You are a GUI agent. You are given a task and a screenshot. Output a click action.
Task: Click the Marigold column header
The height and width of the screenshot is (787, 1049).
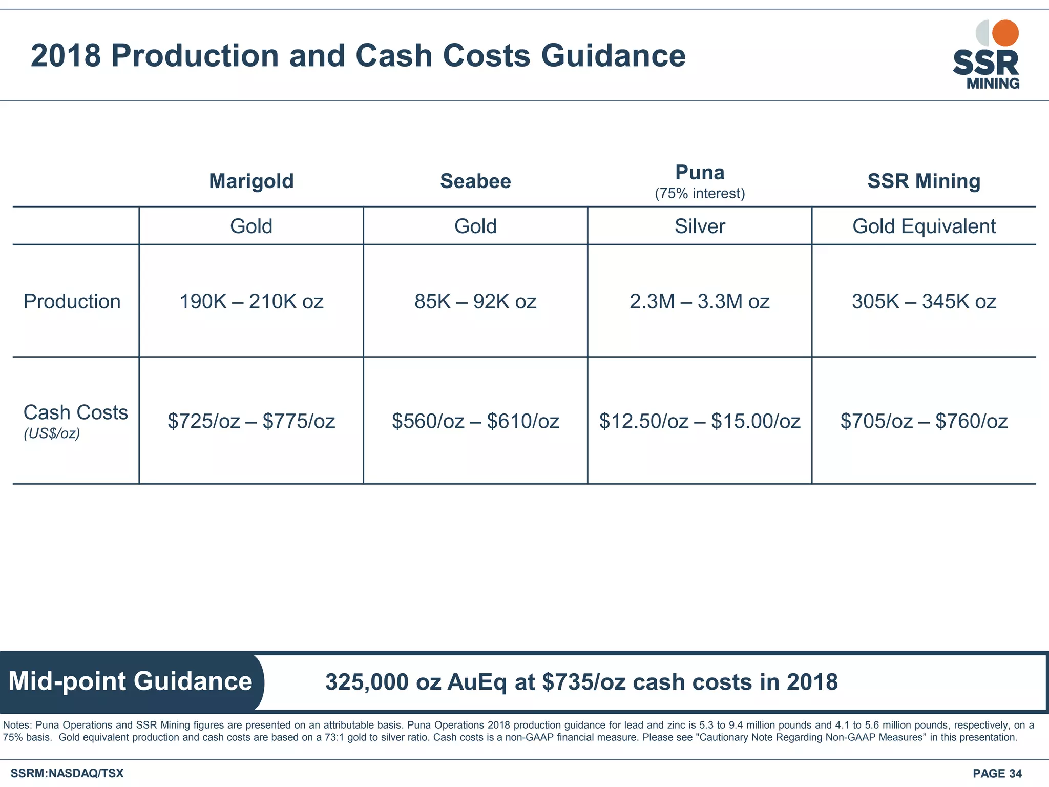(251, 181)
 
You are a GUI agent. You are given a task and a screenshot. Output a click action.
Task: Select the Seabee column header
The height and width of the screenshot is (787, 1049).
(475, 181)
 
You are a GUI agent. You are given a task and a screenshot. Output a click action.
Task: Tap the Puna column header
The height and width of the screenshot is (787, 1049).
(700, 173)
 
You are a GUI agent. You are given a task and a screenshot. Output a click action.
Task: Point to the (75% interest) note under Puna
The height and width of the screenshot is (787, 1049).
(700, 194)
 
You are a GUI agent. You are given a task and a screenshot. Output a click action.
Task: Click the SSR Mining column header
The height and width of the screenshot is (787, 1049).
(924, 181)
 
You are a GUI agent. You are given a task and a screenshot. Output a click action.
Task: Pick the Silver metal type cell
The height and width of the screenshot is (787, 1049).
(700, 226)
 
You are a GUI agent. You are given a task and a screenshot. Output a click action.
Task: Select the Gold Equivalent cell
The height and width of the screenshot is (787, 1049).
(924, 226)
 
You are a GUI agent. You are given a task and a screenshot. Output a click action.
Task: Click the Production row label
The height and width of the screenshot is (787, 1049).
(72, 301)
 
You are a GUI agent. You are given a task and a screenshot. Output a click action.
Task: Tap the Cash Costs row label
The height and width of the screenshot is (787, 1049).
(75, 412)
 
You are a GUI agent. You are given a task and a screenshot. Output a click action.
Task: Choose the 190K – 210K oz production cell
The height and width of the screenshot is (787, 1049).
(251, 301)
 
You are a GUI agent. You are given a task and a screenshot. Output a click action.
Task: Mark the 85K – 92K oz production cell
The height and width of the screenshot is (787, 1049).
(475, 301)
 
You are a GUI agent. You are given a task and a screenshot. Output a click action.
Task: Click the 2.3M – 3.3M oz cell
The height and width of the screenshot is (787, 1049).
(700, 301)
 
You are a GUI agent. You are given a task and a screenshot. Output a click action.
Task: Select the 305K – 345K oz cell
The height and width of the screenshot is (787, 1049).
(924, 301)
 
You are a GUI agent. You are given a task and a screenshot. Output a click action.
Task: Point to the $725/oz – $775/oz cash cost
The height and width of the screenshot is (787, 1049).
(251, 421)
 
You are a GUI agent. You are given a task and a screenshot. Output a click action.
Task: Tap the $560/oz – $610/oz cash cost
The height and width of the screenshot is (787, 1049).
(475, 421)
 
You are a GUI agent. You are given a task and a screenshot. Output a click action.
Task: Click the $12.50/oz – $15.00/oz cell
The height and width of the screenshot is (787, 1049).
(700, 421)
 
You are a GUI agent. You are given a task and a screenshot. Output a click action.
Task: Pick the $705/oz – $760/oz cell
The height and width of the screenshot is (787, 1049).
(924, 421)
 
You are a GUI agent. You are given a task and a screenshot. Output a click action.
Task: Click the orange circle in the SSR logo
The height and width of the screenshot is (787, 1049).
(1005, 33)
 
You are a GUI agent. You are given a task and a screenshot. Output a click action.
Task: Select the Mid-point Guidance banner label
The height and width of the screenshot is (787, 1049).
(130, 681)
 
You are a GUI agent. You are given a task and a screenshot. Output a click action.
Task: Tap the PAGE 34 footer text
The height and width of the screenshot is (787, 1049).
(997, 773)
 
